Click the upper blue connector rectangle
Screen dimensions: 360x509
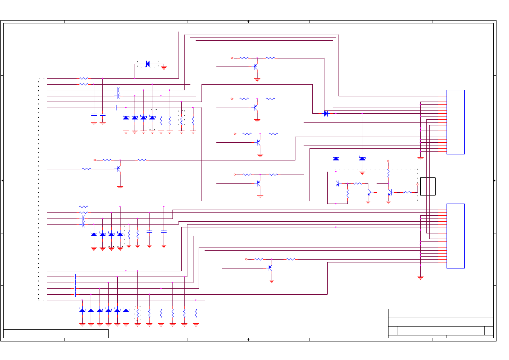[x=455, y=122]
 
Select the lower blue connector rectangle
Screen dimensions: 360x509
[x=455, y=236]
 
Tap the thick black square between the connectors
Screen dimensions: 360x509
[x=428, y=186]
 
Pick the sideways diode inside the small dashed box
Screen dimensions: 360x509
[x=148, y=64]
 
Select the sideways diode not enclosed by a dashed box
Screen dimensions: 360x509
[x=326, y=114]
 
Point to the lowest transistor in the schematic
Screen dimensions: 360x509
[x=270, y=267]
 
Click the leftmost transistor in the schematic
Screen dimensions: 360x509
[x=118, y=169]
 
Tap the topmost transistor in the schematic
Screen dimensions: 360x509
[x=256, y=66]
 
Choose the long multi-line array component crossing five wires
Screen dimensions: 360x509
[x=75, y=285]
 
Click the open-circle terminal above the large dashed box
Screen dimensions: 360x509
[x=388, y=161]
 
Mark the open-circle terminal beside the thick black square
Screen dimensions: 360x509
[x=417, y=184]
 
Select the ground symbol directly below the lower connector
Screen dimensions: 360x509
[x=420, y=277]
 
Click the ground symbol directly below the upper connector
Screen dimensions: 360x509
[x=420, y=158]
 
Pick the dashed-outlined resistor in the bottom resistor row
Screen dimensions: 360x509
[x=137, y=312]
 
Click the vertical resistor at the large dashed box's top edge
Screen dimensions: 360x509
[x=388, y=173]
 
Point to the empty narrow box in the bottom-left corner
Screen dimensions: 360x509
[x=56, y=333]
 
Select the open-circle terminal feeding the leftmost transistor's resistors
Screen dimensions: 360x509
[x=95, y=160]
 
